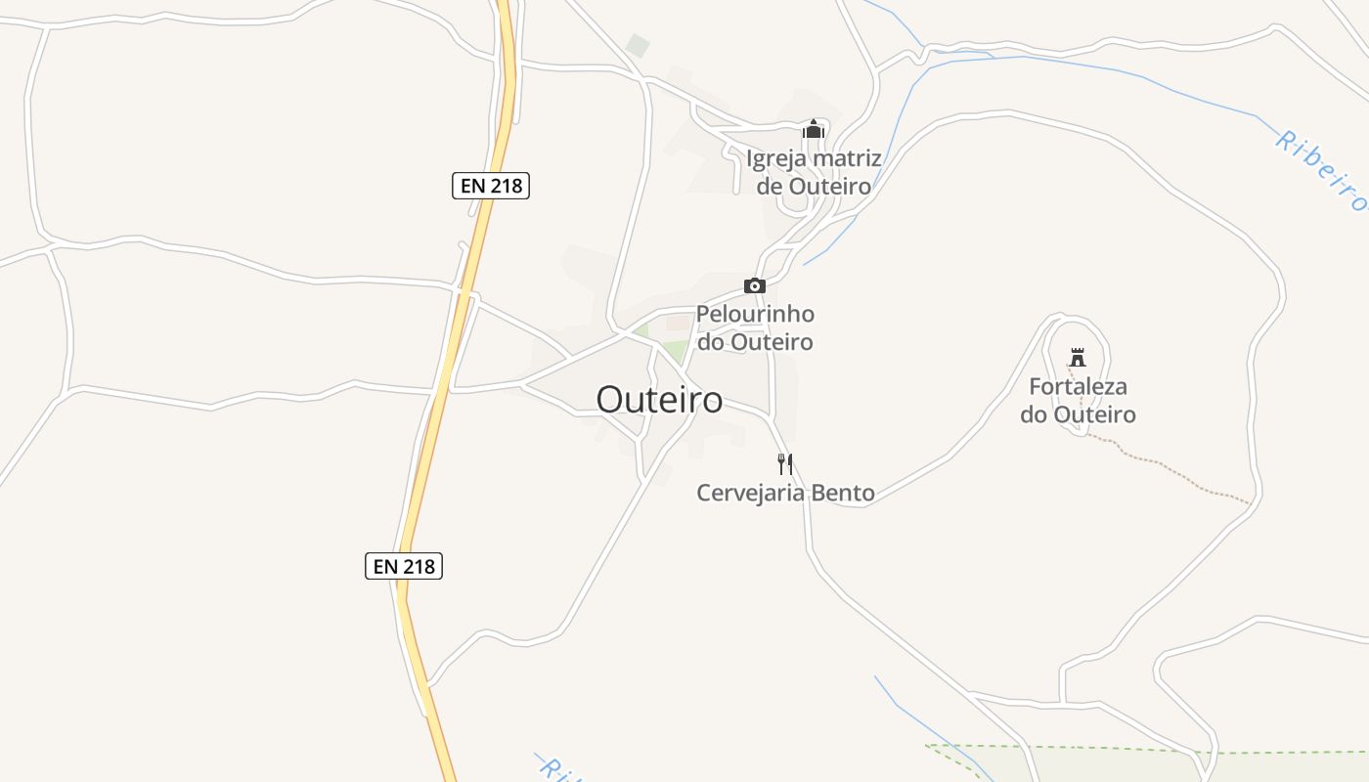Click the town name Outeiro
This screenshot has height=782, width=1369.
[x=660, y=400]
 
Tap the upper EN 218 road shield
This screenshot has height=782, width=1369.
[x=491, y=185]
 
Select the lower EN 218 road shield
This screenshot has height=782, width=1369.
[x=404, y=565]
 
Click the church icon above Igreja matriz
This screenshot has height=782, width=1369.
[x=813, y=129]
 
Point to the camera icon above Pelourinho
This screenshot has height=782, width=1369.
[x=754, y=285]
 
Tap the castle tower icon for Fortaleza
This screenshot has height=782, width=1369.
[x=1078, y=357]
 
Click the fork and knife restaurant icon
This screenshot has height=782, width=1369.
[x=784, y=463]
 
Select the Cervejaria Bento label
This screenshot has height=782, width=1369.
[x=785, y=493]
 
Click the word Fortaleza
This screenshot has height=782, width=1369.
[x=1078, y=386]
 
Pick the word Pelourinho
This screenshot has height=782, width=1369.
[x=755, y=315]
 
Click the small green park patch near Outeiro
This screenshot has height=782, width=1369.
[x=676, y=351]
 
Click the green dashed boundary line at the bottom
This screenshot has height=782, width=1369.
[x=1076, y=750]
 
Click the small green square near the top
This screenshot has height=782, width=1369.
[x=638, y=45]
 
